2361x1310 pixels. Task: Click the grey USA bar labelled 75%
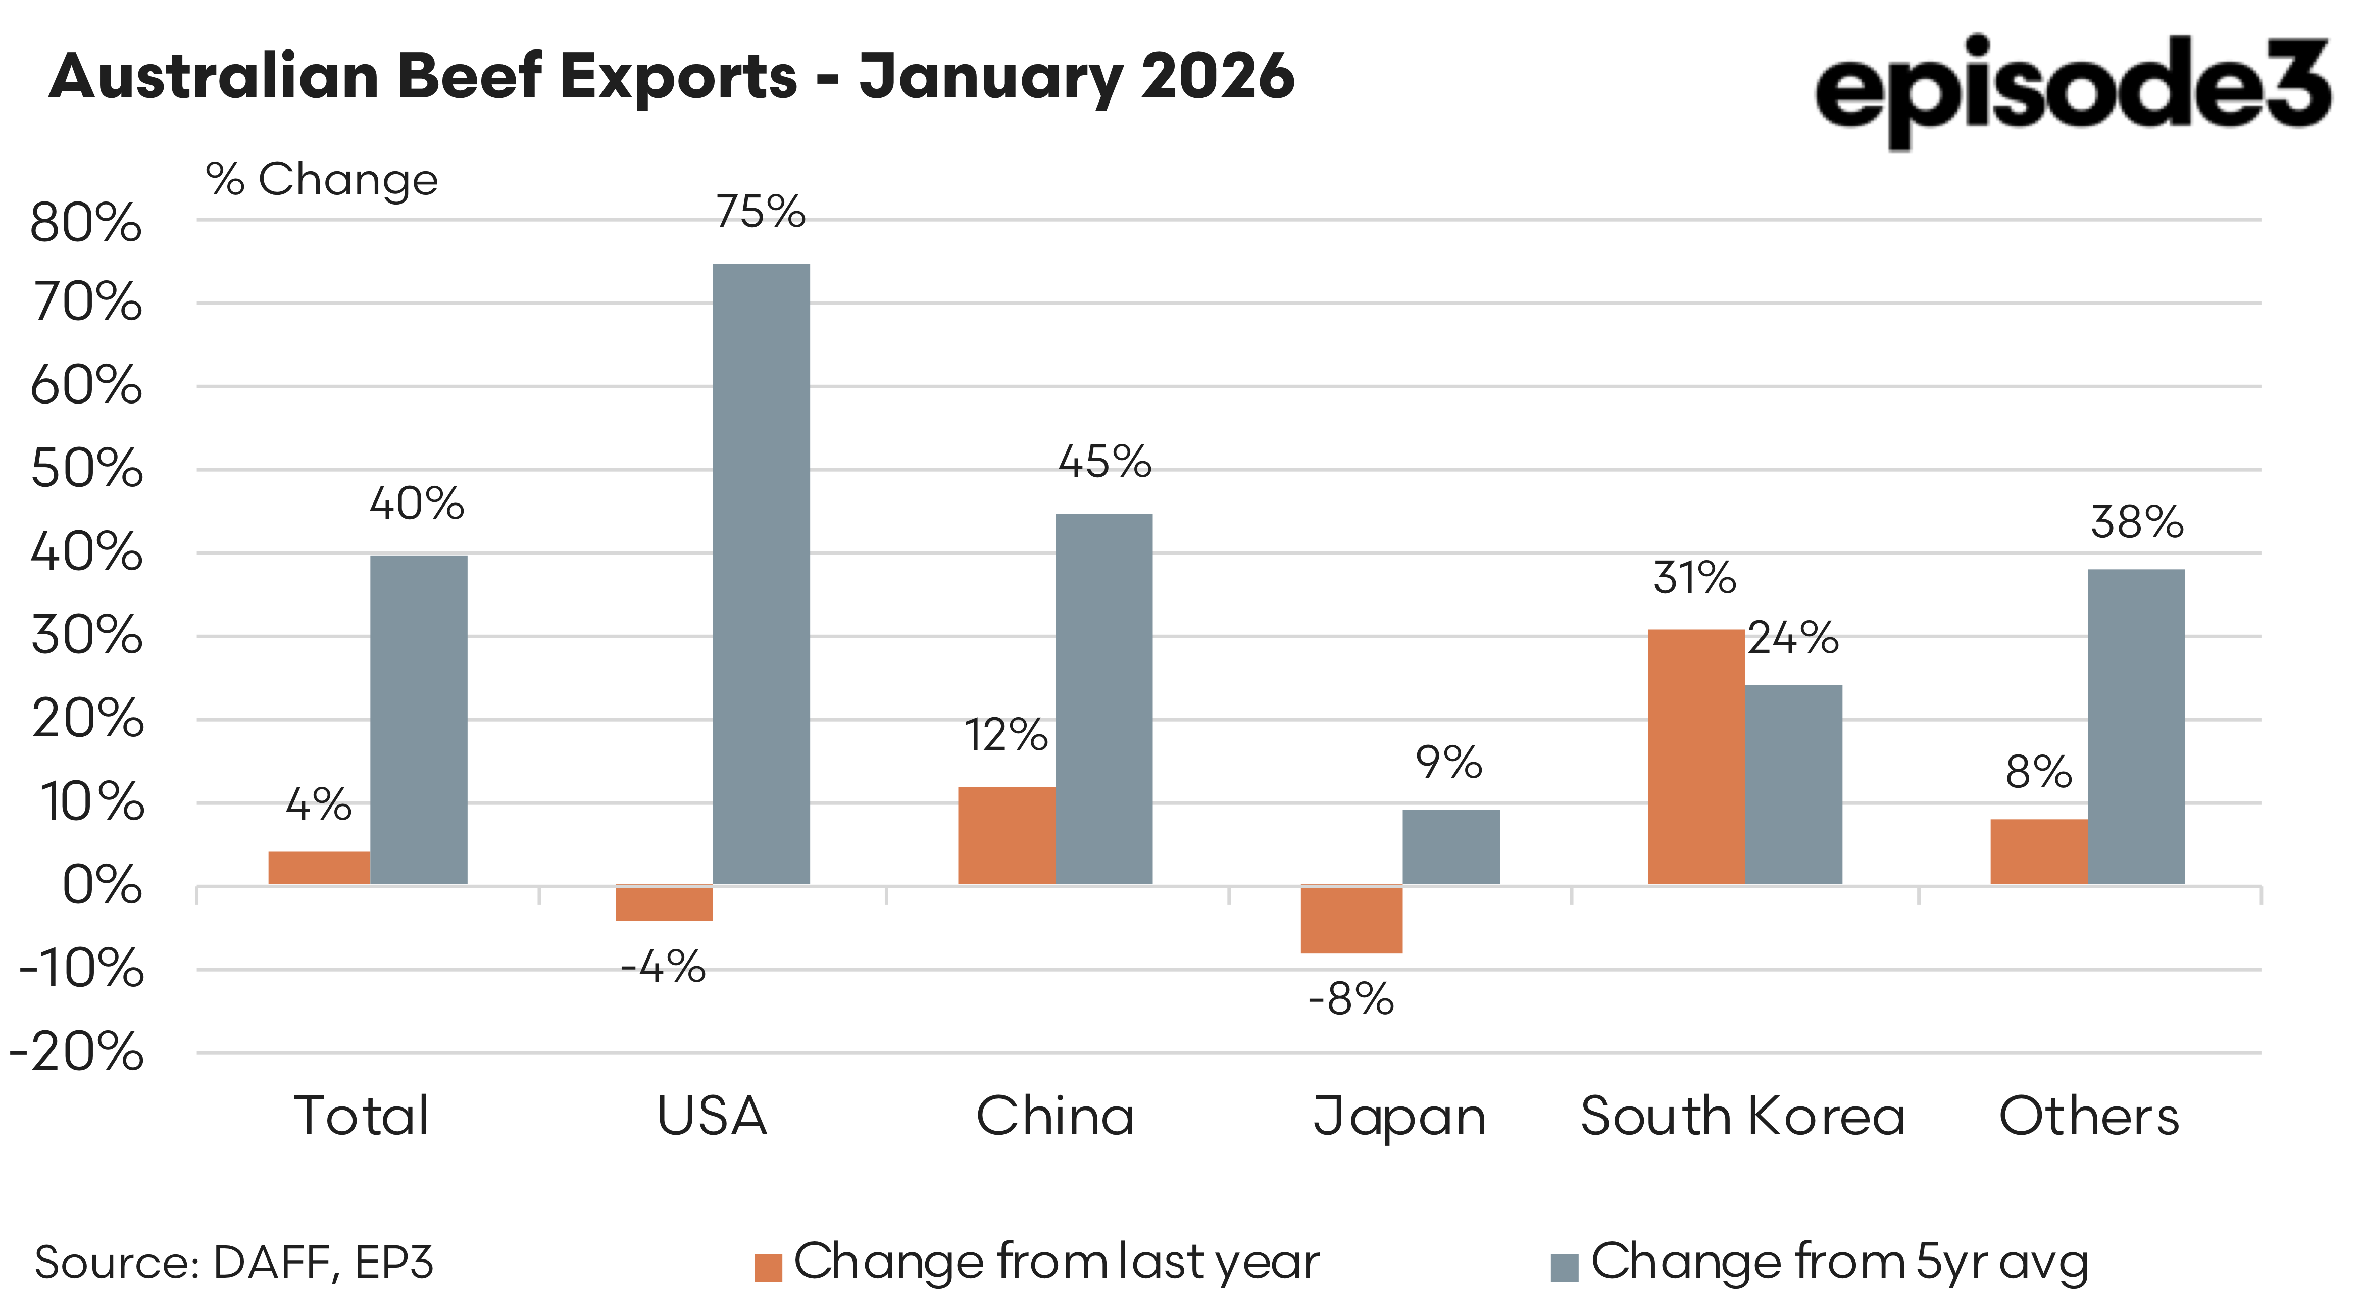(761, 573)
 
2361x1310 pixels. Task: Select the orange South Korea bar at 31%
(1695, 757)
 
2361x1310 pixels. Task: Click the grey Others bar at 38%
(2136, 726)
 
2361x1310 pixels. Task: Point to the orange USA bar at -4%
(664, 903)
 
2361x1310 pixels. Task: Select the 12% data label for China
(1006, 735)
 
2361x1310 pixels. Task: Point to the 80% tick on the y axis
(86, 223)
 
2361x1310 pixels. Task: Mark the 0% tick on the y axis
(102, 886)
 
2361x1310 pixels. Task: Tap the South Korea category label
(1742, 1117)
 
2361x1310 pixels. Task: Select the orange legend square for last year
(768, 1268)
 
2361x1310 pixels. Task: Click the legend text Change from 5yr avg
(1839, 1263)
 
